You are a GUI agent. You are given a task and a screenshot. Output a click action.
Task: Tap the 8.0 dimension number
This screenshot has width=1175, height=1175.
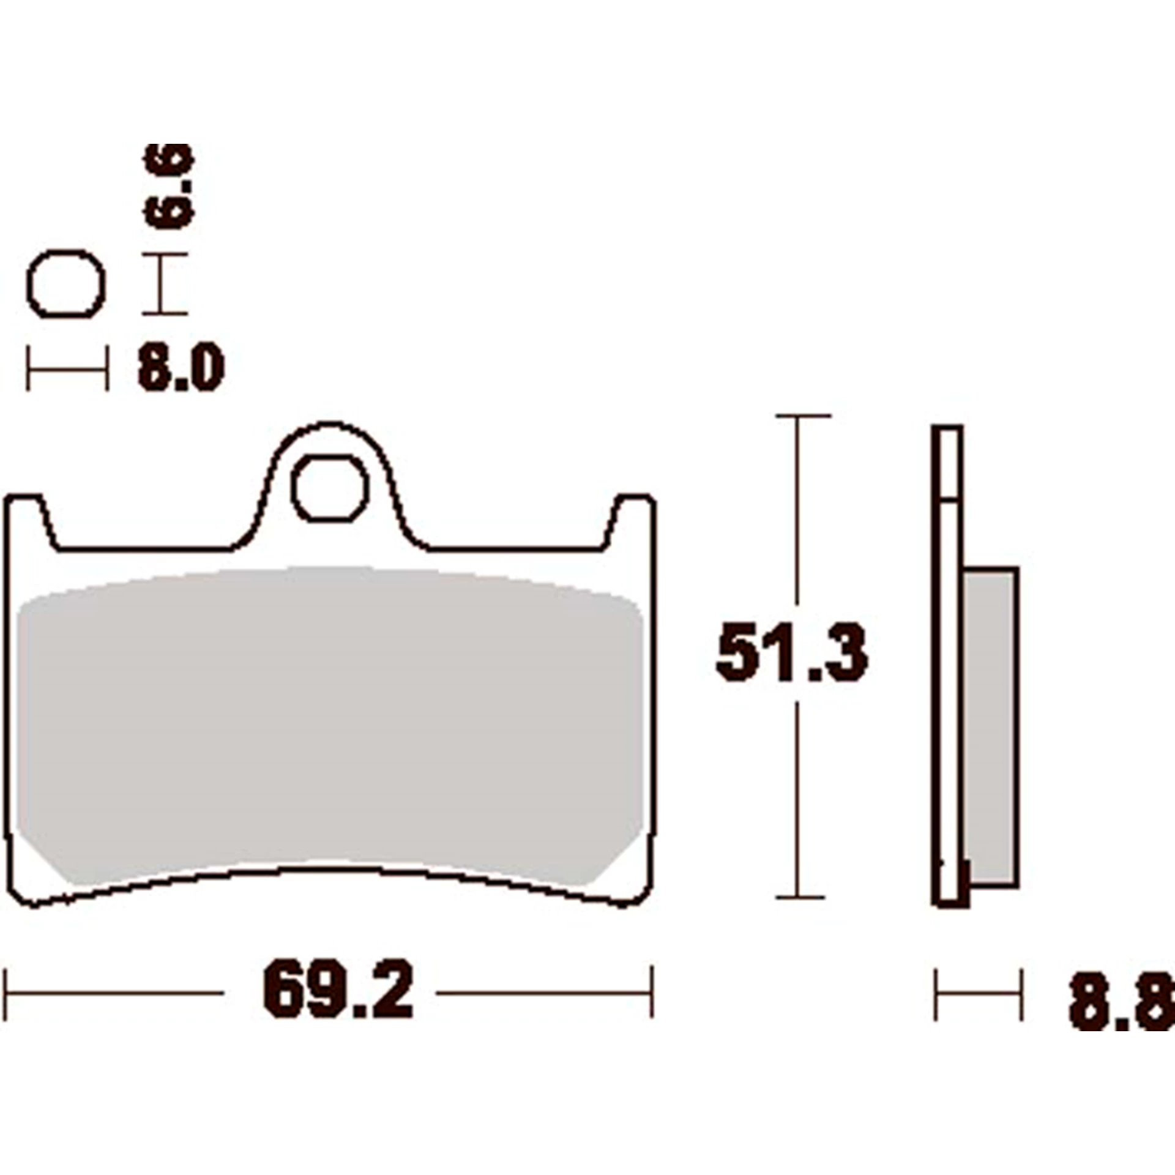181,367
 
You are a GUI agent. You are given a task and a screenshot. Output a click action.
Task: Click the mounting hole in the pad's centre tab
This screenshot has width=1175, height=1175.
330,488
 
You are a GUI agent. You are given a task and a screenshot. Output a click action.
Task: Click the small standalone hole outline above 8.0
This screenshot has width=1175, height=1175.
66,284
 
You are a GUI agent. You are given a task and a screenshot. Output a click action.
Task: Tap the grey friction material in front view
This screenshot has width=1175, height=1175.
330,722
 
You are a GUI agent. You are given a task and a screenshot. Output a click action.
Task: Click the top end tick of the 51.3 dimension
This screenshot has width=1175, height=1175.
802,416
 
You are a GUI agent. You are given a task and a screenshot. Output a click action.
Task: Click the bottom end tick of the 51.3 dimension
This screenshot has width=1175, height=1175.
799,898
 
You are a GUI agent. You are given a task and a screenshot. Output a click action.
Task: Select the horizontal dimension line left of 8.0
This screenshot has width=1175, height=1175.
67,369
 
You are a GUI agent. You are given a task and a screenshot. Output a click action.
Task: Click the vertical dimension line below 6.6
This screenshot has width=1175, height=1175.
163,283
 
